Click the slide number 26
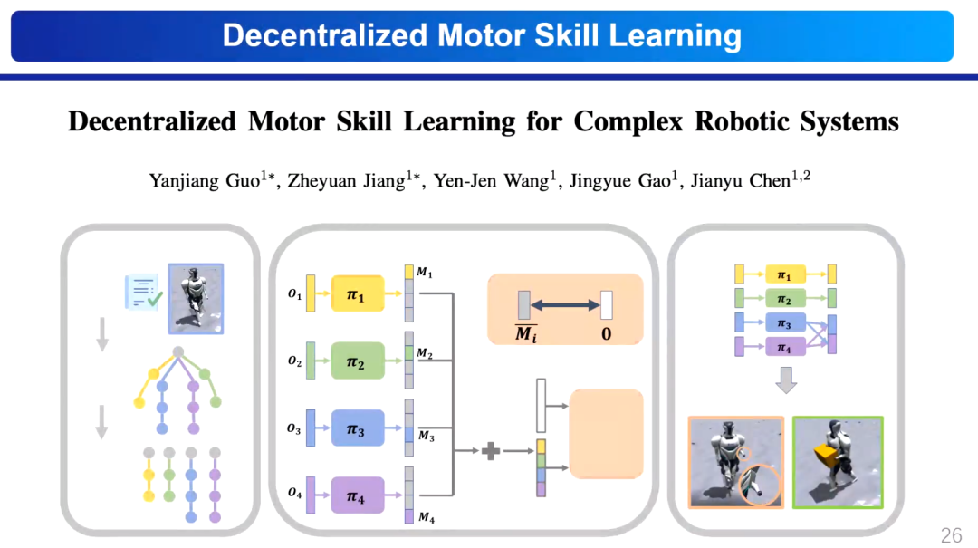(x=951, y=535)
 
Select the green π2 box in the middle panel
(x=359, y=361)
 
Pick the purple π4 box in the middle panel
(x=359, y=495)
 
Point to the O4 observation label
(x=293, y=495)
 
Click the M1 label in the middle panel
(x=424, y=272)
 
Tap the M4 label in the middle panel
(x=426, y=519)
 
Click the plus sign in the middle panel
(x=490, y=450)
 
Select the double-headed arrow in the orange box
(x=566, y=305)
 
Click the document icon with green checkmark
(x=143, y=292)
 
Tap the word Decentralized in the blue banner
(x=324, y=35)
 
